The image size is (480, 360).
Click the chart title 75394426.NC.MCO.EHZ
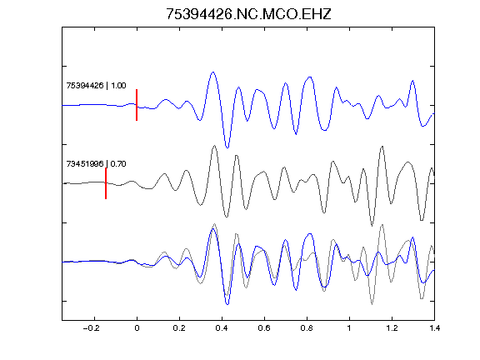coord(248,14)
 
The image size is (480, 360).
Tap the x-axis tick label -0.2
coord(91,328)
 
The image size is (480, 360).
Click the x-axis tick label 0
coord(137,328)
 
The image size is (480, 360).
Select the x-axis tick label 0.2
coord(179,328)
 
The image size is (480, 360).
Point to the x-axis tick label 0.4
coord(222,328)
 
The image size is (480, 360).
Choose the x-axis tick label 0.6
coord(264,328)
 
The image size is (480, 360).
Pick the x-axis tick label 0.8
coord(307,328)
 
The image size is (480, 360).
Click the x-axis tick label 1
coord(349,328)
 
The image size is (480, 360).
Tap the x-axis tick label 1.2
coord(392,328)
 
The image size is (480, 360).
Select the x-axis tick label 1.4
coord(434,328)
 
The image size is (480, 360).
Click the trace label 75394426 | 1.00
coord(96,85)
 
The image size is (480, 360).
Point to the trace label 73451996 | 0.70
coord(96,164)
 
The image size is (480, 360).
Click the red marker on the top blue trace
coord(137,105)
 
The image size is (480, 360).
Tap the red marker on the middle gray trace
coord(106,183)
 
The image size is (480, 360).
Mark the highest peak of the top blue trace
coord(213,72)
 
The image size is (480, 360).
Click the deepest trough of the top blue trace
coord(227,147)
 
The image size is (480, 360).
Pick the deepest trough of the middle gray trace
coord(372,226)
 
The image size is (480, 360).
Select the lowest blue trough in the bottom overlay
coord(227,304)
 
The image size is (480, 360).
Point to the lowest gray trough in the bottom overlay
coord(372,304)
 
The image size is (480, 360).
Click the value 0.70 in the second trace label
coord(118,164)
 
